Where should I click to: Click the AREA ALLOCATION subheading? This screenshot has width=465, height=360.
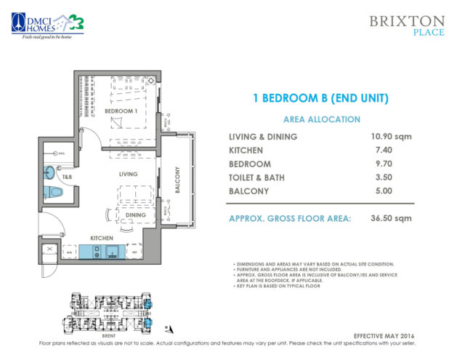(x=311, y=119)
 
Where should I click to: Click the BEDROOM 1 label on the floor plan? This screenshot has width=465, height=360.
(x=121, y=111)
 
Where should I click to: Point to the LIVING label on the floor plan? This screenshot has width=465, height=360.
(x=129, y=175)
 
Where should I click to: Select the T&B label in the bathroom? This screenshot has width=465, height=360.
(x=67, y=177)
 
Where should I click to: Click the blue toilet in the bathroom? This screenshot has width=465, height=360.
(x=53, y=193)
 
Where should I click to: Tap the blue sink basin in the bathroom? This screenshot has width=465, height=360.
(x=49, y=172)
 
